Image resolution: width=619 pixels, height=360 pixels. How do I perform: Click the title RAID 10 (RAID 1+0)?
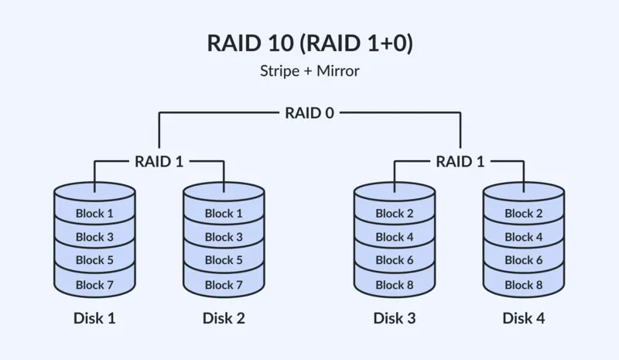point(309,43)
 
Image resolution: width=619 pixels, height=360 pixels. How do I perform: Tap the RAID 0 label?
point(309,113)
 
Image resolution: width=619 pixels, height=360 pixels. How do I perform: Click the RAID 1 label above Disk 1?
point(159,162)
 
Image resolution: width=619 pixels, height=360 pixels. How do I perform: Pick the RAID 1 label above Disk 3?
point(460,162)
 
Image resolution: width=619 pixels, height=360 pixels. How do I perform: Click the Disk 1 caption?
point(94,317)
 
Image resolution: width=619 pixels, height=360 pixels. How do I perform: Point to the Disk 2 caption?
point(224,317)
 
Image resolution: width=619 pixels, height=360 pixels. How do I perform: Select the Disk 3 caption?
point(395,317)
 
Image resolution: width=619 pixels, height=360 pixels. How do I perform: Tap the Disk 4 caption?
point(524,317)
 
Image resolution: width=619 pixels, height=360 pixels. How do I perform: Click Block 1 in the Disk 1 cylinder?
point(94,213)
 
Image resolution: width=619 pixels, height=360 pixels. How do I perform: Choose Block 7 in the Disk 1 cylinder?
point(94,284)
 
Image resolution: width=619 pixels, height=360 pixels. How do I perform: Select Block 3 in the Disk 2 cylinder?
point(224,237)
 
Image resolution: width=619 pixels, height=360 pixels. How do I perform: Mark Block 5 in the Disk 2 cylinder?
point(224,260)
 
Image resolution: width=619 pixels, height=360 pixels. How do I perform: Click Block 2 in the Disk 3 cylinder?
point(395,213)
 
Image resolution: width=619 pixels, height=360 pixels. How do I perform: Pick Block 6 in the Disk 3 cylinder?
point(395,260)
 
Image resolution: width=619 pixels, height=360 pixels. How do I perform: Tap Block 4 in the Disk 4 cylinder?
point(524,237)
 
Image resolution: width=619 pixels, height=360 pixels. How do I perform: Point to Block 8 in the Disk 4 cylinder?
point(524,284)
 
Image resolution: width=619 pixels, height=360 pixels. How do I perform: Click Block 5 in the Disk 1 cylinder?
point(94,260)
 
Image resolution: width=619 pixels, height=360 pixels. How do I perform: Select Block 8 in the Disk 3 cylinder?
point(395,284)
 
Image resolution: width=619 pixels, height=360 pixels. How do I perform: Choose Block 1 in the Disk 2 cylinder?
point(224,213)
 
